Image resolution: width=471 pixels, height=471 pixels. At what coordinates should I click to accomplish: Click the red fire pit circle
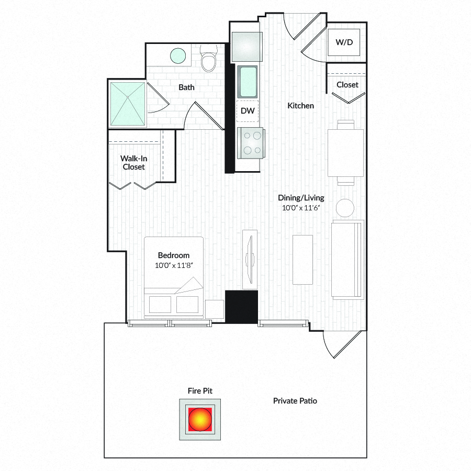click(x=200, y=419)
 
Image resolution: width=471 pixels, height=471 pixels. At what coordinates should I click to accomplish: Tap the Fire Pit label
click(x=200, y=391)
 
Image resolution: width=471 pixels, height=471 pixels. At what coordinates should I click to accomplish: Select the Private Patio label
click(x=295, y=401)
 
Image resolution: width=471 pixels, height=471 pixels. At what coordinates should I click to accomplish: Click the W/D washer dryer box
click(x=344, y=42)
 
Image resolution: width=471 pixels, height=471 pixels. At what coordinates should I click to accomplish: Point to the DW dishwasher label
click(x=248, y=111)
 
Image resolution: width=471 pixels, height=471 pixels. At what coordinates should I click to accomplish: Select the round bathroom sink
click(x=178, y=56)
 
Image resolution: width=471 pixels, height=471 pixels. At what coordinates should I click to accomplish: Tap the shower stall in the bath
click(x=128, y=104)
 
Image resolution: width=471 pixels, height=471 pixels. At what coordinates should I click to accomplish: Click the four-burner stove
click(x=251, y=143)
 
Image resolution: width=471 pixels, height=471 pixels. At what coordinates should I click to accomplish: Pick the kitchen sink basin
click(x=247, y=82)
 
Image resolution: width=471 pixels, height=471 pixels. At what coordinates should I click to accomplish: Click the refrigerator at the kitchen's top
click(x=246, y=47)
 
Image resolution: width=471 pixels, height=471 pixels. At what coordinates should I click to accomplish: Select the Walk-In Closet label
click(x=133, y=163)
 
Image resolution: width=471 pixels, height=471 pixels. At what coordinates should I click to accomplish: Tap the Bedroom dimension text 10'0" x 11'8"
click(x=174, y=265)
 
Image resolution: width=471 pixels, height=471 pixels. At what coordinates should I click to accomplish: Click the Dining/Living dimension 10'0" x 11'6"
click(x=301, y=208)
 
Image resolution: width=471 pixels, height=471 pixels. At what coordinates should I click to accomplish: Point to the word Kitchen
click(x=301, y=106)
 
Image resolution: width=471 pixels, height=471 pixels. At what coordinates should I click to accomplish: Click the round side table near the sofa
click(x=345, y=208)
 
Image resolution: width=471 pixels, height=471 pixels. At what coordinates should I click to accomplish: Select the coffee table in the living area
click(x=303, y=260)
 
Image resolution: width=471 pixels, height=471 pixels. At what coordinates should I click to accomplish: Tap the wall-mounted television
click(x=250, y=260)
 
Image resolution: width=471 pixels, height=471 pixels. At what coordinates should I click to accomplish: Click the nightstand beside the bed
click(x=215, y=309)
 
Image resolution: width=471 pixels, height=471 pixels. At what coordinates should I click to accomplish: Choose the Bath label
click(x=186, y=87)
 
